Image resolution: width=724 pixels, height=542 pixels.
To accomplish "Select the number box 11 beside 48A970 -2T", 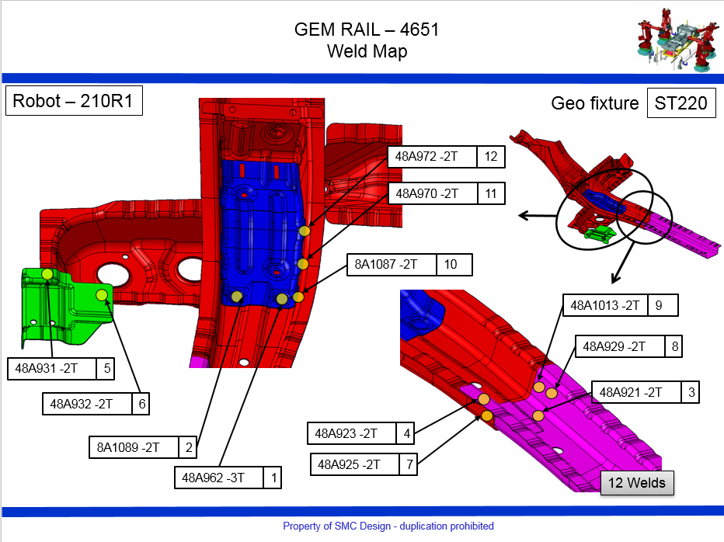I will click(490, 193).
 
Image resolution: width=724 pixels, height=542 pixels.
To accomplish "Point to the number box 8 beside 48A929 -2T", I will click(674, 346).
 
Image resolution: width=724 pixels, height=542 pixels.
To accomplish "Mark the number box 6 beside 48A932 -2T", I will click(142, 405).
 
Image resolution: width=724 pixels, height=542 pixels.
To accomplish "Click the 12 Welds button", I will click(637, 483).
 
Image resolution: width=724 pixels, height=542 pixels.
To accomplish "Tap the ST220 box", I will click(680, 103).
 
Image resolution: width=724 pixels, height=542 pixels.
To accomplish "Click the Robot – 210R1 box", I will click(74, 102).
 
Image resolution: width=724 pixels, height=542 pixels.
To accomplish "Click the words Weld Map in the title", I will click(367, 51).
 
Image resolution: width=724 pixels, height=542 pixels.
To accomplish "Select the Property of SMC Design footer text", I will click(388, 526).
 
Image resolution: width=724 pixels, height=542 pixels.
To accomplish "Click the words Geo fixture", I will click(594, 103).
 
